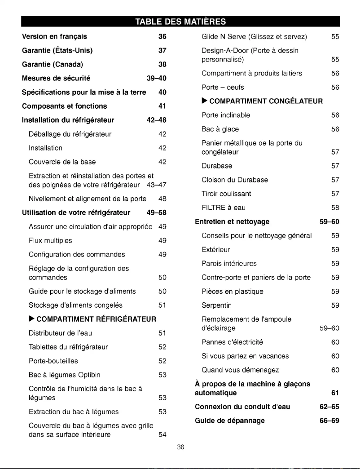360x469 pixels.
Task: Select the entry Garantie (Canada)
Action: tap(53, 64)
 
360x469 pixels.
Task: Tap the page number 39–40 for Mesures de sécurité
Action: tap(157, 78)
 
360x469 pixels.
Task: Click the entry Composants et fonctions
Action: tap(64, 106)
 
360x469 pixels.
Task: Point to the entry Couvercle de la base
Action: tap(62, 162)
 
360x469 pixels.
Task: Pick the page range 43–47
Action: tap(157, 185)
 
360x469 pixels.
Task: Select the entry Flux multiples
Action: tap(50, 241)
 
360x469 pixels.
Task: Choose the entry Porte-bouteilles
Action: tap(53, 361)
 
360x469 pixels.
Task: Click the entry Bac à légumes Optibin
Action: tap(64, 375)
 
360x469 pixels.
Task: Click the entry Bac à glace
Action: tap(220, 129)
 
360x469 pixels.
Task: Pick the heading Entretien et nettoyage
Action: tap(232, 221)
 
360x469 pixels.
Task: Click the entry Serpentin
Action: tap(217, 305)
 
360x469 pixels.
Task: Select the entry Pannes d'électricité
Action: tap(232, 342)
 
